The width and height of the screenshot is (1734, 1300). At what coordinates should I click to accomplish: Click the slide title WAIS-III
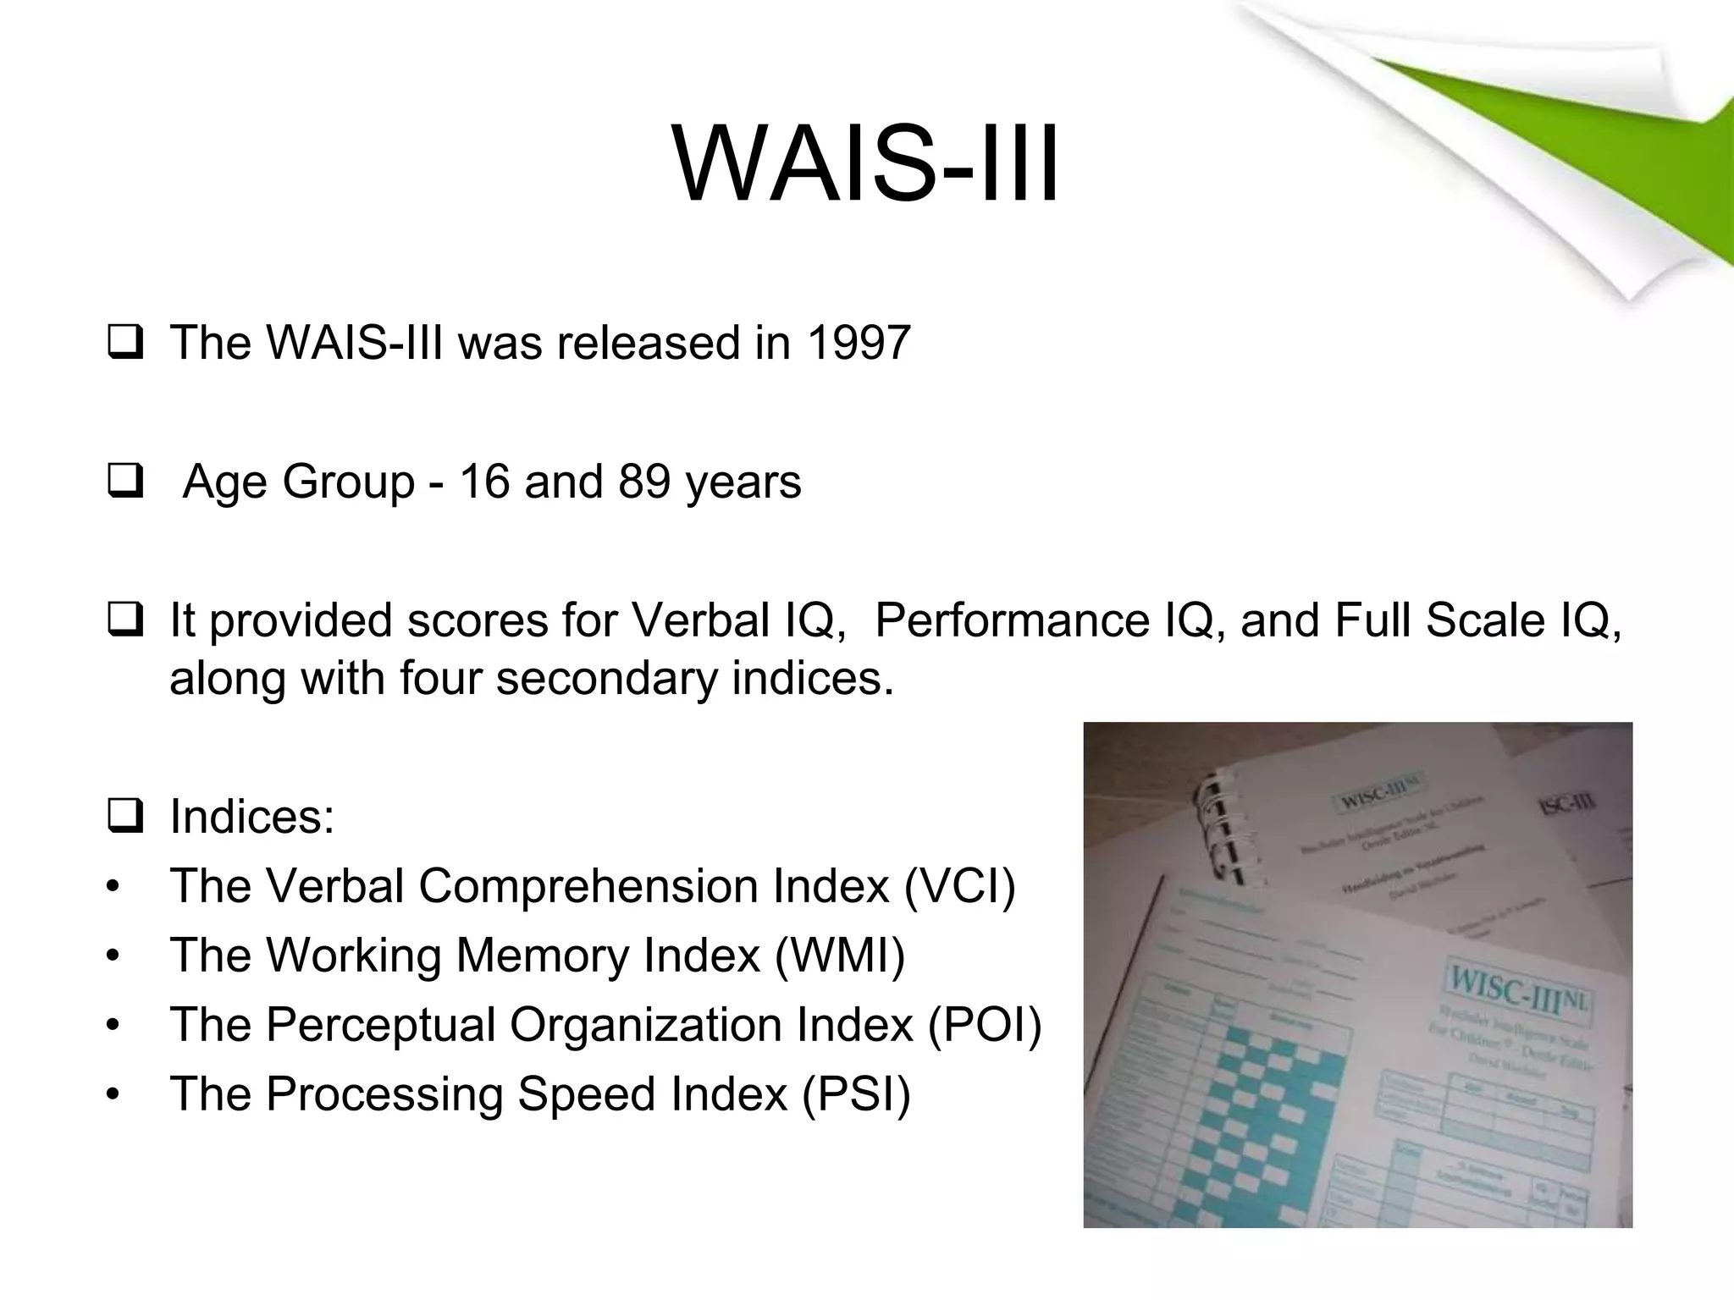[x=865, y=164]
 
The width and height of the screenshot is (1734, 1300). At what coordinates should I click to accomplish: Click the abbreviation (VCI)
[x=959, y=886]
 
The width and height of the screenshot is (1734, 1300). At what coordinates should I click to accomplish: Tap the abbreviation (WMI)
[x=840, y=956]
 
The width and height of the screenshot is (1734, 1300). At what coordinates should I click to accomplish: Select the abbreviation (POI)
[x=985, y=1025]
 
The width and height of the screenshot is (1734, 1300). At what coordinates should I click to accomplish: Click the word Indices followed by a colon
[x=251, y=817]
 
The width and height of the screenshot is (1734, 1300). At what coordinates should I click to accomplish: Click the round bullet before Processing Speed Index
[x=113, y=1095]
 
